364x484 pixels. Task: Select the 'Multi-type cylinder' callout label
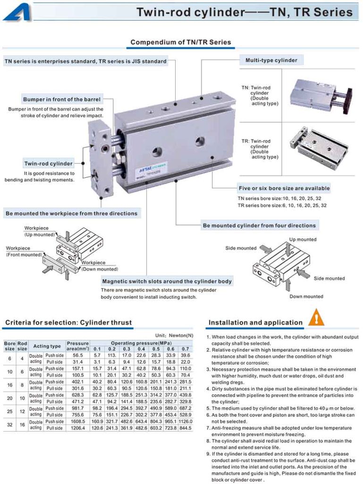(271, 60)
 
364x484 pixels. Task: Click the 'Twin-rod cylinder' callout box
(49, 164)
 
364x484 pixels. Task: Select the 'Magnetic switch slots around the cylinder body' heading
(167, 281)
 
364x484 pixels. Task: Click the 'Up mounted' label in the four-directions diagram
(303, 240)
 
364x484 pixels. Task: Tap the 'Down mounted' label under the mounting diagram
(306, 296)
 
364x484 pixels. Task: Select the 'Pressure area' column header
(77, 346)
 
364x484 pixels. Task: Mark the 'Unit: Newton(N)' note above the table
(174, 335)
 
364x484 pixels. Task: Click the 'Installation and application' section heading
(255, 323)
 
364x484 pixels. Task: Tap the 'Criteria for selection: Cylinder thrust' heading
(68, 323)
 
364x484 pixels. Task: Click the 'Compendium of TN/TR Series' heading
(181, 43)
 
